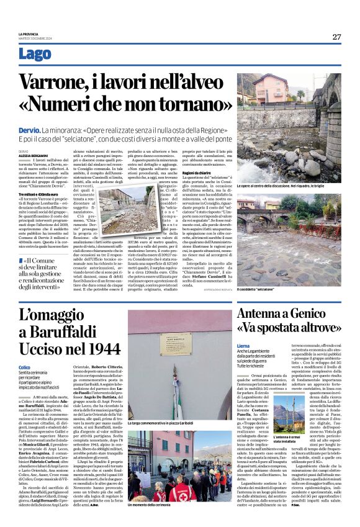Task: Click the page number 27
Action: (x=336, y=37)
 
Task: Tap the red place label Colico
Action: (x=24, y=367)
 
